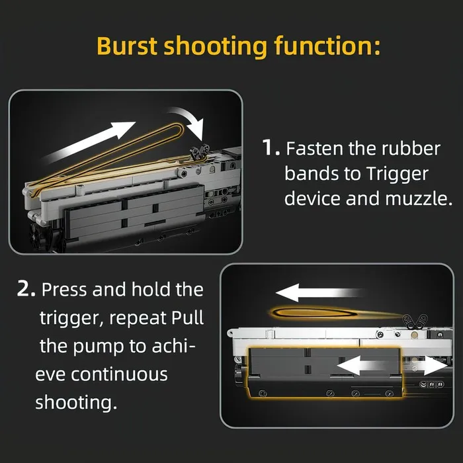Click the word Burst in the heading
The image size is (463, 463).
[x=127, y=46]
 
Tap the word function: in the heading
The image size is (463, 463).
[x=327, y=46]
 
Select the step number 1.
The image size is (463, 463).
[x=271, y=147]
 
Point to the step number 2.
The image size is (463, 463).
[x=26, y=289]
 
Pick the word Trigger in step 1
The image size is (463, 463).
[x=397, y=174]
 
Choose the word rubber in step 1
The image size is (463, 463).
[x=411, y=148]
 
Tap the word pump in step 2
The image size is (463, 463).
[x=99, y=347]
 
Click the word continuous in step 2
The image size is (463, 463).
[x=119, y=374]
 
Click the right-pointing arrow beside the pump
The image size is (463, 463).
[x=430, y=365]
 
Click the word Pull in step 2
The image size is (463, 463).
[x=188, y=317]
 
